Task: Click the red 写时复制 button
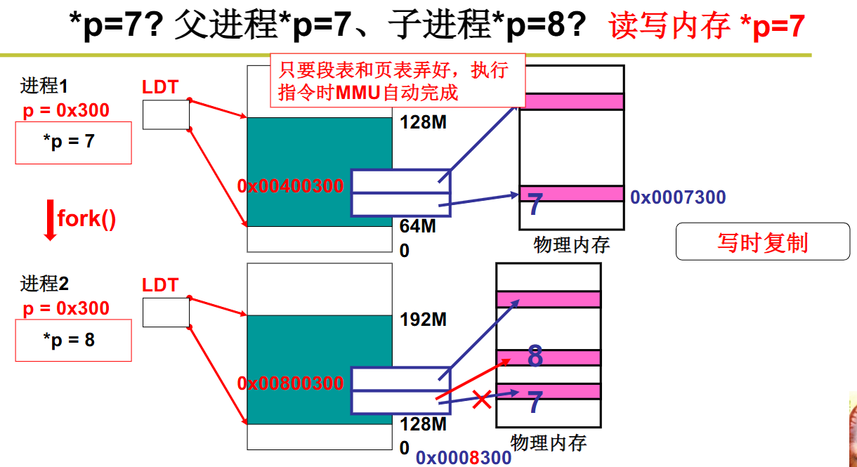(762, 242)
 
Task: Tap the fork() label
(86, 218)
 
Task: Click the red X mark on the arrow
(481, 401)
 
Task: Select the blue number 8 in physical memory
(535, 357)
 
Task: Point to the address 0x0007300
(677, 197)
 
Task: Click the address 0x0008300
(464, 458)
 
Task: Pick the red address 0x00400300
(291, 186)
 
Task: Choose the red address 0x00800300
(291, 383)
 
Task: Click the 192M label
(424, 320)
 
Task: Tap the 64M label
(418, 226)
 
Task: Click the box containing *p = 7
(73, 143)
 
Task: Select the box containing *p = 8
(73, 341)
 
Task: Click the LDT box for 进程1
(166, 114)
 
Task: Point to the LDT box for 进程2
(166, 312)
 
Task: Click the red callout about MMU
(398, 81)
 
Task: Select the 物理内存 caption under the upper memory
(571, 244)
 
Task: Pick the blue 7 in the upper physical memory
(535, 205)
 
